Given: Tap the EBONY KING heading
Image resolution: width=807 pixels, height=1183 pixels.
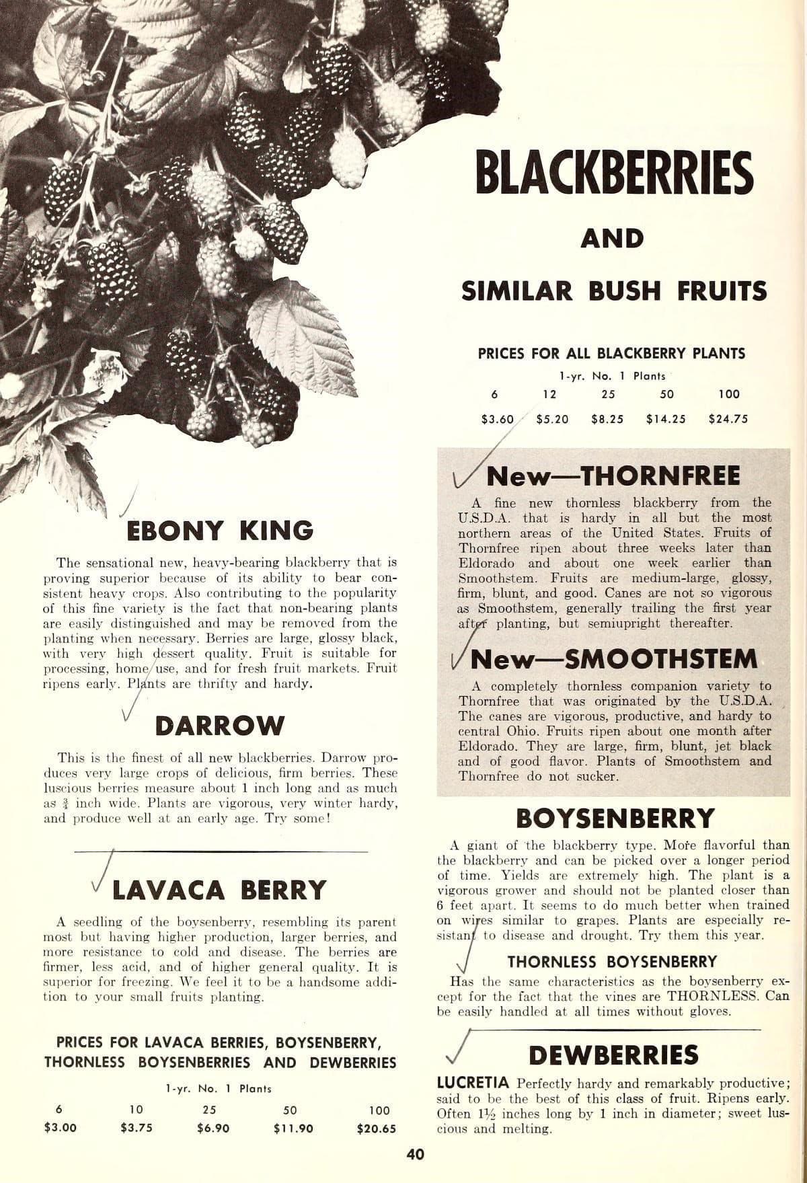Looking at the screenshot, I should point(221,531).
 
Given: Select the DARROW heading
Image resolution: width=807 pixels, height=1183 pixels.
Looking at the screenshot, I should point(220,726).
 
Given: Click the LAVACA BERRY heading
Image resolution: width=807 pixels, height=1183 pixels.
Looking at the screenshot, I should point(219,890).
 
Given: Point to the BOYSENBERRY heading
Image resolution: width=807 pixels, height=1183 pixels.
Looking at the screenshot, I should point(615,818).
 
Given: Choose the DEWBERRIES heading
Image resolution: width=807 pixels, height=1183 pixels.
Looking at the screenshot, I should point(613,1055).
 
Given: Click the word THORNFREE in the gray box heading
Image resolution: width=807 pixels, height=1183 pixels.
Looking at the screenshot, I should point(660,475).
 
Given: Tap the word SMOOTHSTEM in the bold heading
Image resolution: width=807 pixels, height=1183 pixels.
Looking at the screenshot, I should point(662,659).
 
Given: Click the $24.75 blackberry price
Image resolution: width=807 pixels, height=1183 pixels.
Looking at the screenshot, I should point(728,419).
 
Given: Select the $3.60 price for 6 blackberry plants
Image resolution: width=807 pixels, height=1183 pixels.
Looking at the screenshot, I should point(498,419).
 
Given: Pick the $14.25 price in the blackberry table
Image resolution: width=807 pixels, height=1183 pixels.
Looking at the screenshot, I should point(666,419).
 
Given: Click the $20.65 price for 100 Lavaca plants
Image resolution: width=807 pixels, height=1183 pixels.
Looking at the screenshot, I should point(377,1129).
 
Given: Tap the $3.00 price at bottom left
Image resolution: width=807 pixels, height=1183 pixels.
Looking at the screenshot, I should point(60,1129).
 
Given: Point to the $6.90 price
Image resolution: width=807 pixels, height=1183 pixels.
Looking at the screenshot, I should point(210,1129).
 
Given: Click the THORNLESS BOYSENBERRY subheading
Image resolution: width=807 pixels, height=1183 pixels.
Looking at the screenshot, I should point(612,962).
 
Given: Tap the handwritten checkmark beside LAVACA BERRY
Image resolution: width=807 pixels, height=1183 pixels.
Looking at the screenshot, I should point(103,878).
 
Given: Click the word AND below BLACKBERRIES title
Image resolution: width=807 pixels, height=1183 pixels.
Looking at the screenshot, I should point(612,239).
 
